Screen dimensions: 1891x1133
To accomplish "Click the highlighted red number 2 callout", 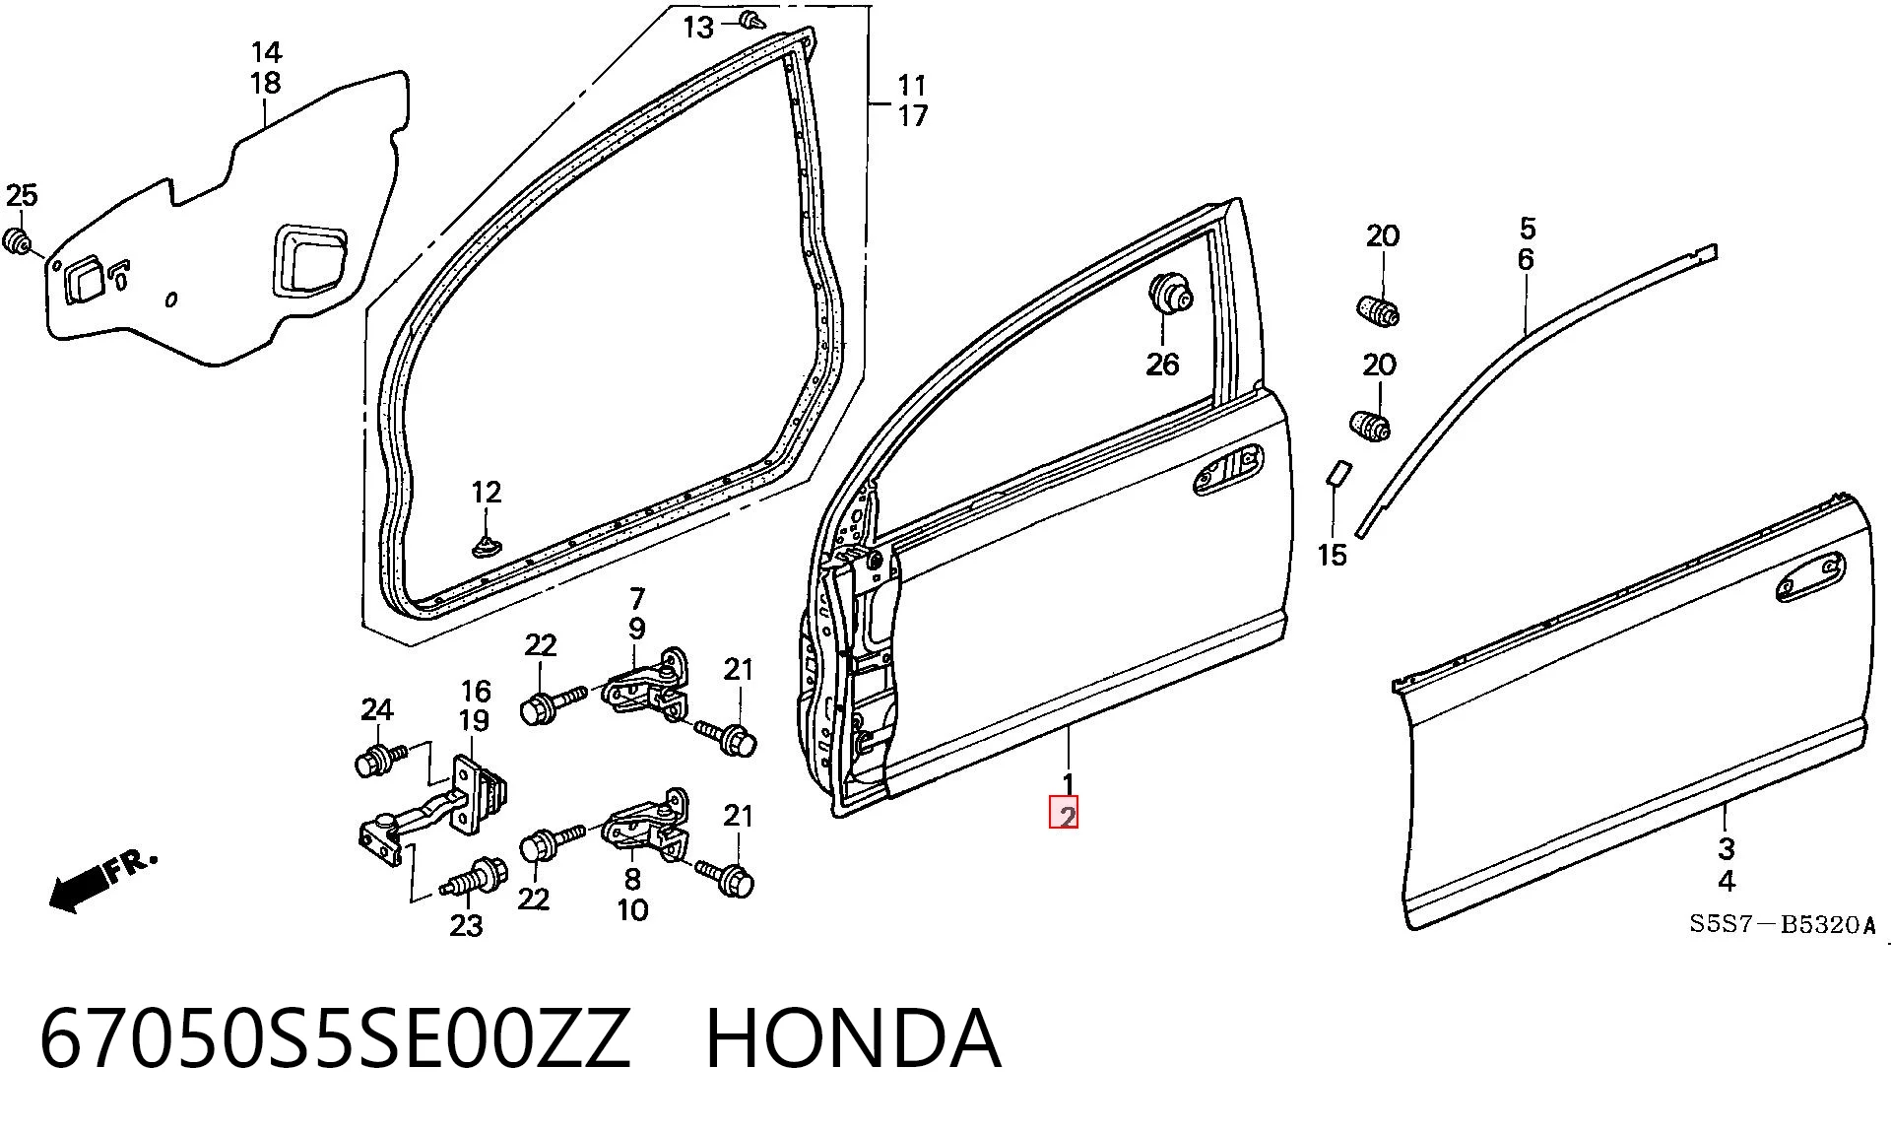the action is coord(1065,813).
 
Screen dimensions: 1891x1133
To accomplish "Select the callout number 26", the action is coord(1162,365).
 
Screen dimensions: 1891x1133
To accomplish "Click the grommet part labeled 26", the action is coord(1170,294).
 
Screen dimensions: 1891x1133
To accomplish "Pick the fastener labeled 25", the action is coord(17,241).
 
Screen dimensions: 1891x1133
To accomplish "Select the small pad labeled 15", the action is coord(1337,472).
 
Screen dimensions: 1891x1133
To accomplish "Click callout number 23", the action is coord(466,925).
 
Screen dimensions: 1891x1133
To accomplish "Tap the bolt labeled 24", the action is coord(379,759).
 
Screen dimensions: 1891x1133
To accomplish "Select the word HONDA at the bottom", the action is coord(853,1038).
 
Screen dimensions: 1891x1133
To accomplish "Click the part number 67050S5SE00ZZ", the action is coord(335,1038).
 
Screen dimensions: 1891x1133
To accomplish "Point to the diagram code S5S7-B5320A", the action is coord(1783,924).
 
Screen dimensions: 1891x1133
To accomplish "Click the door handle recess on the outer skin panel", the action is coord(1810,577).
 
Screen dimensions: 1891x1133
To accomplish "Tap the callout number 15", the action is coord(1332,556).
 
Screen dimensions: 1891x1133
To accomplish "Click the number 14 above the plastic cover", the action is coord(266,51).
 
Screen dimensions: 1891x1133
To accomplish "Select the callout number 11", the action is coord(912,85).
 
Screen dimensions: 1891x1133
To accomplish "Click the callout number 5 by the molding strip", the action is coord(1527,229).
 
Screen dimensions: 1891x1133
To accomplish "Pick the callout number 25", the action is coord(21,195).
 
